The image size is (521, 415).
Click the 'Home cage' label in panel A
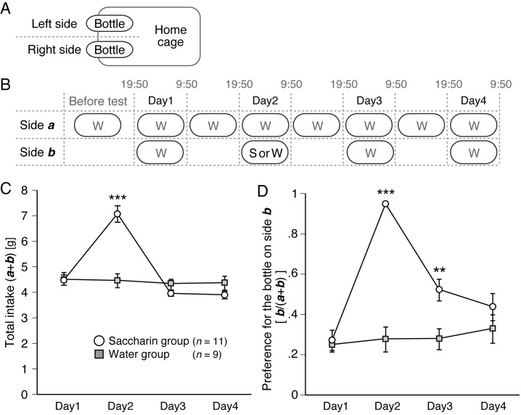coord(171,36)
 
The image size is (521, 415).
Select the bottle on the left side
coord(110,24)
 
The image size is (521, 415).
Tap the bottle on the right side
coord(110,50)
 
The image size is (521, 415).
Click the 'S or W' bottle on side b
coord(265,153)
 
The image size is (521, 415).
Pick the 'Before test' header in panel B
coord(98,101)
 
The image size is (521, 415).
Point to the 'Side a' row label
coord(37,126)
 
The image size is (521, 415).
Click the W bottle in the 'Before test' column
coord(98,126)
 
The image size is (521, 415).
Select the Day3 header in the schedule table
coord(369,101)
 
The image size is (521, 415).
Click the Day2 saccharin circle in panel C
coord(118,213)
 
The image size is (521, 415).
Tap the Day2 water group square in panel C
coord(118,280)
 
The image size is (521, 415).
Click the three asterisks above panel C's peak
coord(118,198)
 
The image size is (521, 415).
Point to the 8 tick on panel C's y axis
coord(24,190)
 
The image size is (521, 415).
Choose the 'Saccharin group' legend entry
coord(160,341)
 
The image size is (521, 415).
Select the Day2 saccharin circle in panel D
coord(385,204)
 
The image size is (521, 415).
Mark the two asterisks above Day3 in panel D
coord(439,270)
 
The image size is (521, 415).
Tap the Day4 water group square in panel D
coord(493,328)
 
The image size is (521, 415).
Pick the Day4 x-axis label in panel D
coord(493,406)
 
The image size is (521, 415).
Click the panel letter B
coord(5,84)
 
